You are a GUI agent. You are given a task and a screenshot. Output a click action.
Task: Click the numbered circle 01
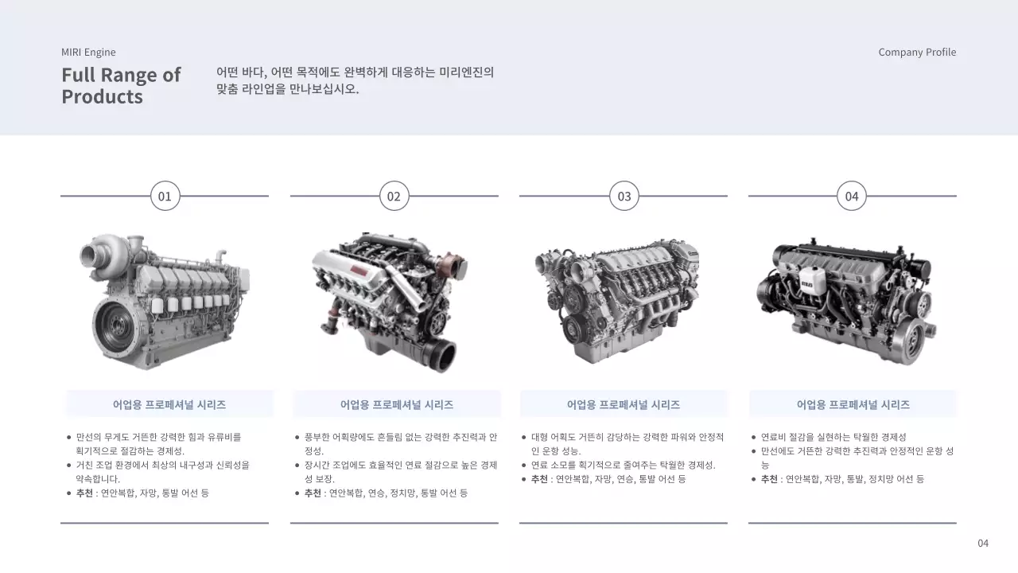pos(165,196)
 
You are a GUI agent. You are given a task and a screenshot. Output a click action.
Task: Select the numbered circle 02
pos(394,196)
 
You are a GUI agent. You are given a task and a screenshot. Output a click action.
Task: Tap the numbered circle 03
pos(624,196)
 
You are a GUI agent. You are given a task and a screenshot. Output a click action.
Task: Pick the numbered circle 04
pos(852,196)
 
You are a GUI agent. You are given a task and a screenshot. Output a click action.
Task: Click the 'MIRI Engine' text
pos(88,53)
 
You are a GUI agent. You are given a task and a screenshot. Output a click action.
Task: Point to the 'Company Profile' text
pos(917,53)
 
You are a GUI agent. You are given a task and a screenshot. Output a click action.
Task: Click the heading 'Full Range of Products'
pos(121,86)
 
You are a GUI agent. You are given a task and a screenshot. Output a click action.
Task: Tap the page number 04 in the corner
pos(983,544)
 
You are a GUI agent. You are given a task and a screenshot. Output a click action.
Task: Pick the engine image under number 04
pos(846,301)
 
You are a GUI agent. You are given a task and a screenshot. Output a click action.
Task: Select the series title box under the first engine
pos(169,404)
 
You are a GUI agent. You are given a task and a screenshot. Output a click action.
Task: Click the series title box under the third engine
pos(624,404)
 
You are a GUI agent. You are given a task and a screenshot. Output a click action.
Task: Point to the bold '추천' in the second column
pos(313,493)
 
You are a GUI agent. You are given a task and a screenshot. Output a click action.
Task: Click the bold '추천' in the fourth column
pos(769,479)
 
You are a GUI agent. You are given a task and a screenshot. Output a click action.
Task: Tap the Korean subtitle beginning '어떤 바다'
pos(355,80)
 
